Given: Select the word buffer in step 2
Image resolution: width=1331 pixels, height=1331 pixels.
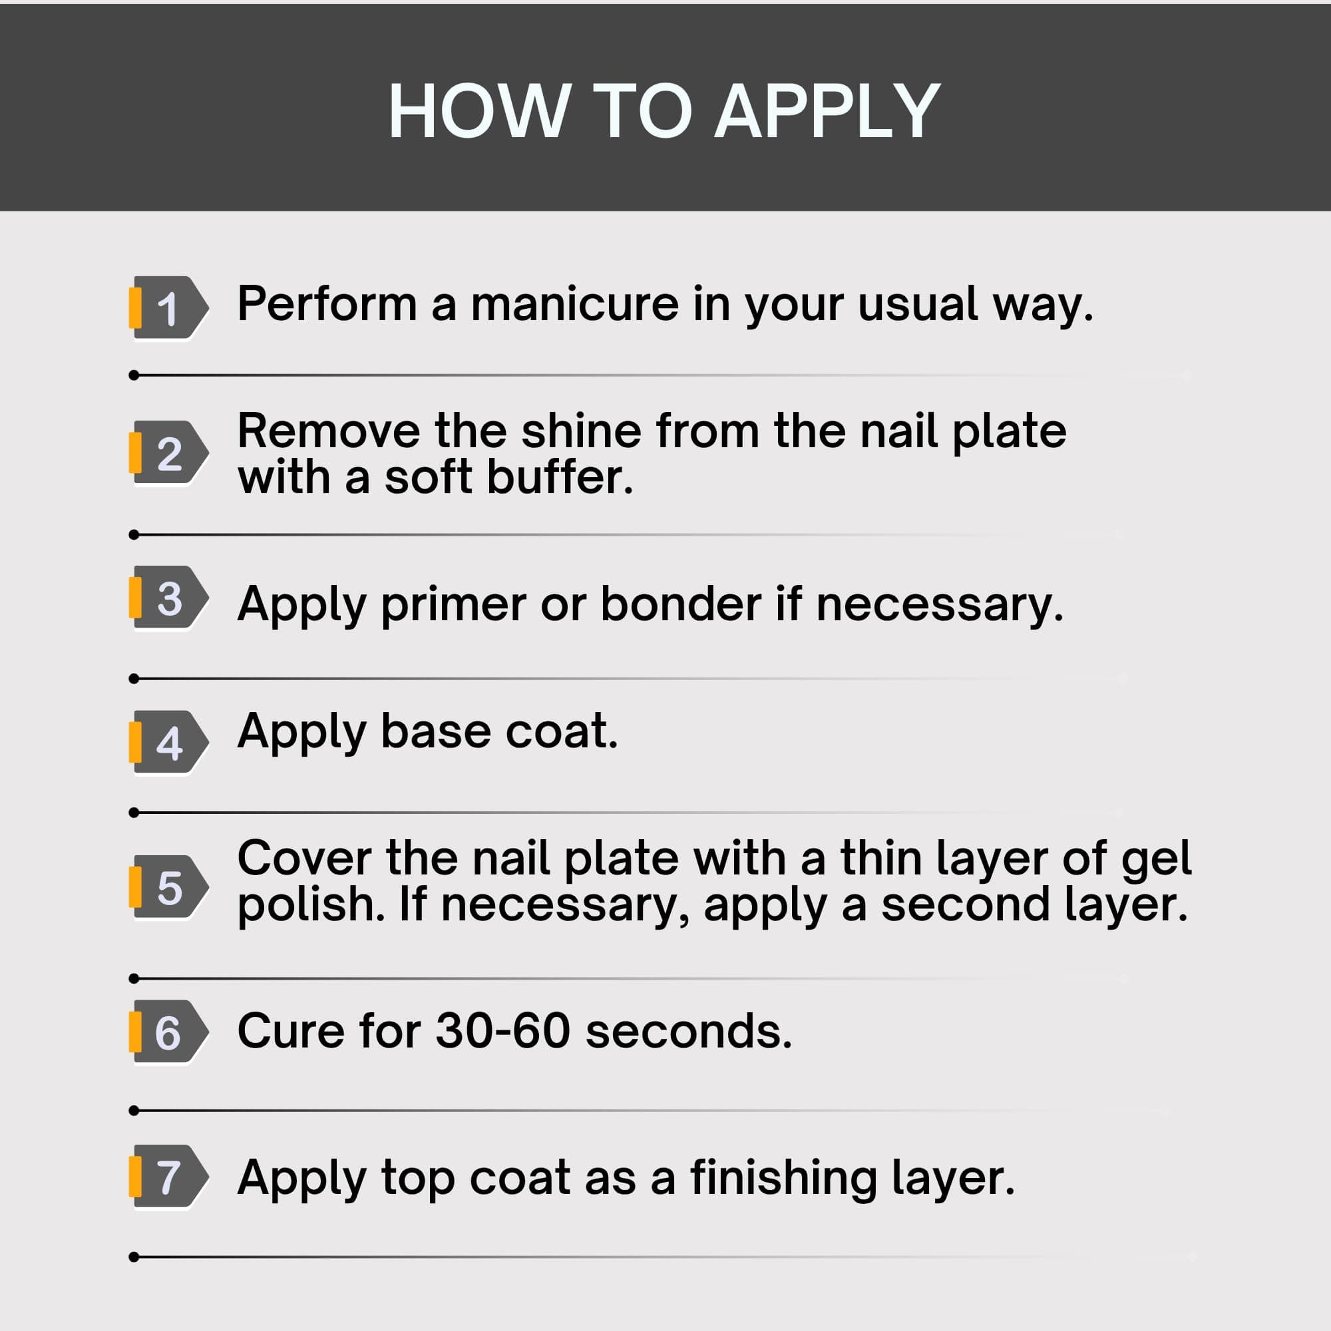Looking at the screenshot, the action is click(x=560, y=476).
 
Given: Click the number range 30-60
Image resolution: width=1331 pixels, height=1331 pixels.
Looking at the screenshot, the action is click(x=503, y=1031).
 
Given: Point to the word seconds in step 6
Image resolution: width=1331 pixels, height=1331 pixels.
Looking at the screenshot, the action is click(x=689, y=1031).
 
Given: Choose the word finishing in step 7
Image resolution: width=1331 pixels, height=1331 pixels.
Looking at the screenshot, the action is click(x=783, y=1179).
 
